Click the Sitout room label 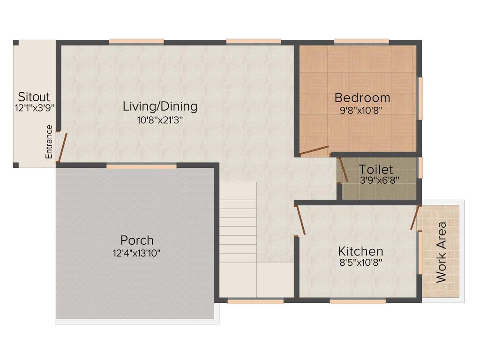pos(34,97)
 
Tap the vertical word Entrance pos(49,142)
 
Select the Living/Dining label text pos(160,106)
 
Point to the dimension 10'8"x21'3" pos(160,120)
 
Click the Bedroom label pos(362,98)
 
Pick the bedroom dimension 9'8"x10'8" pos(362,111)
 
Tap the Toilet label pos(376,169)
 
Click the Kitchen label pos(360,251)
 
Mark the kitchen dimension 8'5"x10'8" pos(360,263)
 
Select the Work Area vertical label pos(441,252)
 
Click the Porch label pos(137,240)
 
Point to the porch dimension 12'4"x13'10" pos(137,254)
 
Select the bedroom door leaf pos(315,150)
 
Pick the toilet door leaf pos(343,170)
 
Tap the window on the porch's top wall pos(141,166)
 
